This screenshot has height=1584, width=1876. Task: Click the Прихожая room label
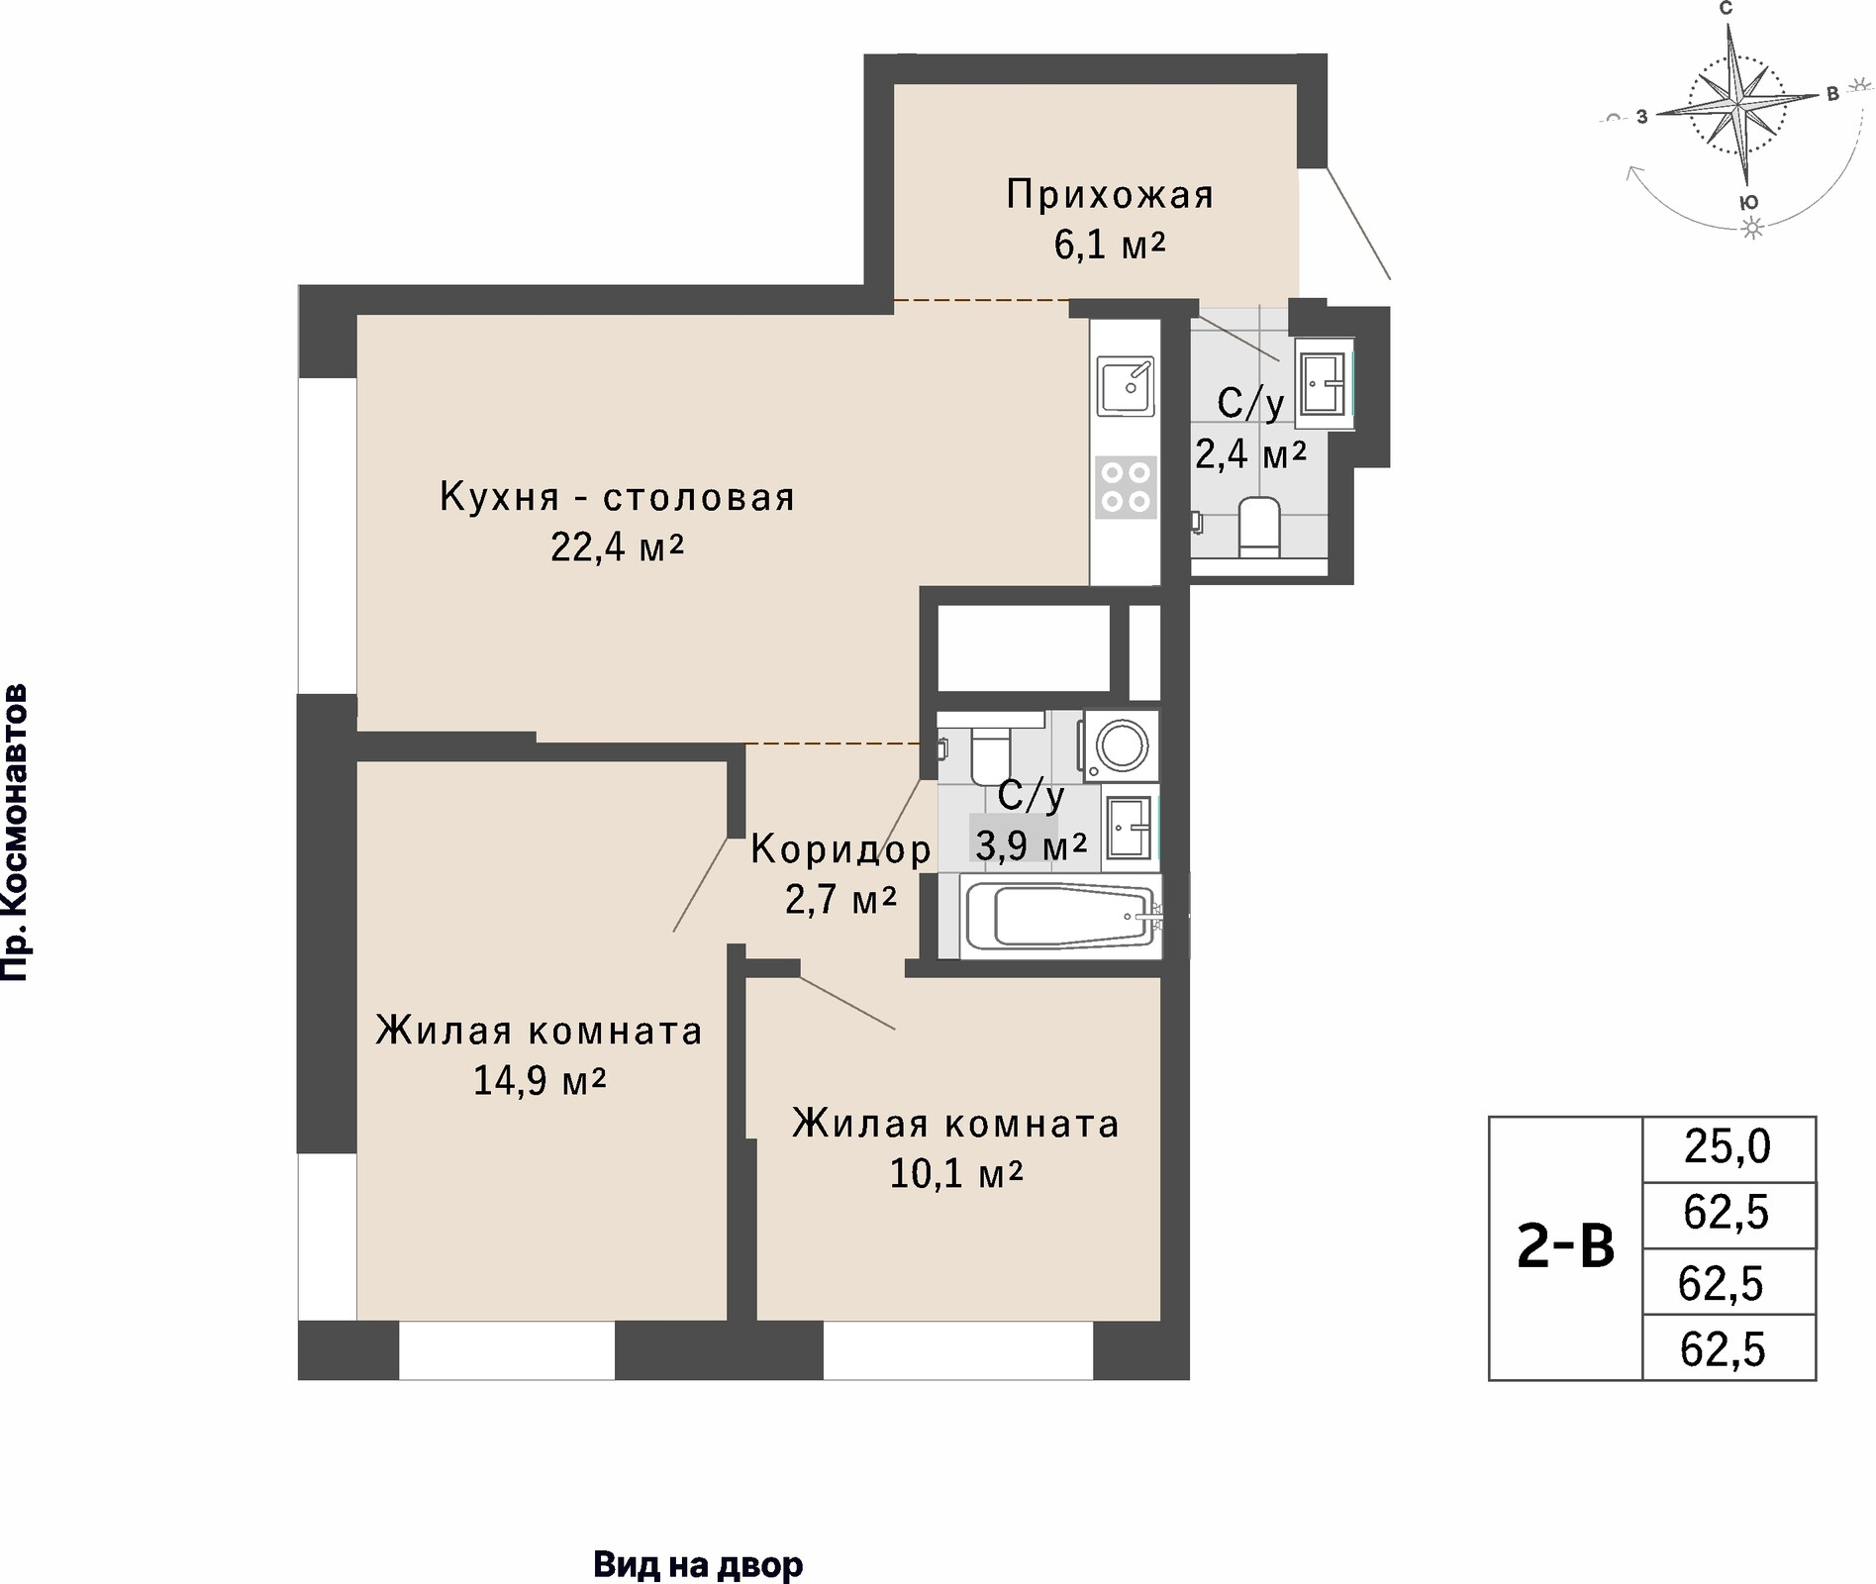click(x=1110, y=195)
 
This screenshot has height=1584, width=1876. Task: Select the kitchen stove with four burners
click(x=1127, y=487)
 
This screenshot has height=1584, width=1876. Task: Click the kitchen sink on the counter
click(x=1126, y=386)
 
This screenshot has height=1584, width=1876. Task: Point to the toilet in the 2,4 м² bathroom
click(x=1259, y=527)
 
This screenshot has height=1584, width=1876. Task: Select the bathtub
click(x=1060, y=916)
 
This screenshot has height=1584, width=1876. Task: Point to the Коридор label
click(x=840, y=848)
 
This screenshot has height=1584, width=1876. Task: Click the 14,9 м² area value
click(x=540, y=1080)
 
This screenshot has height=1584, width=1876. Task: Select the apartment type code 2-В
click(x=1565, y=1248)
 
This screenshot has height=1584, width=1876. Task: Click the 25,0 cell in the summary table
click(x=1728, y=1147)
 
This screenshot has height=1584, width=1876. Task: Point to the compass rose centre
click(x=1737, y=104)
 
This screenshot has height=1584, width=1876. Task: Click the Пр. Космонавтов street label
click(x=14, y=832)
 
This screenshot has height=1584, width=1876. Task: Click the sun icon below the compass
click(x=1753, y=229)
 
